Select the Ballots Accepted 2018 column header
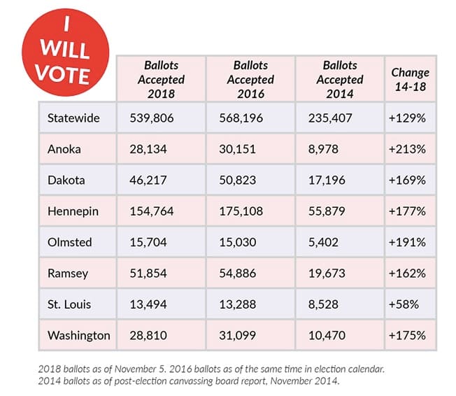point(160,79)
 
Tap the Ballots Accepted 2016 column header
point(250,79)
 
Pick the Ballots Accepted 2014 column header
point(340,79)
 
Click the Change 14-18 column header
point(410,79)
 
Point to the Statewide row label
point(73,118)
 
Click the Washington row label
point(79,335)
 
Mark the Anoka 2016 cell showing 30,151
point(239,149)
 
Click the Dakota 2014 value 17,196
point(329,180)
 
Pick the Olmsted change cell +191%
point(407,242)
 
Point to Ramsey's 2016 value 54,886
point(240,273)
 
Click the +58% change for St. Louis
point(404,304)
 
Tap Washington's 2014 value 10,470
point(329,335)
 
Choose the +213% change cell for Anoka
point(407,149)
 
